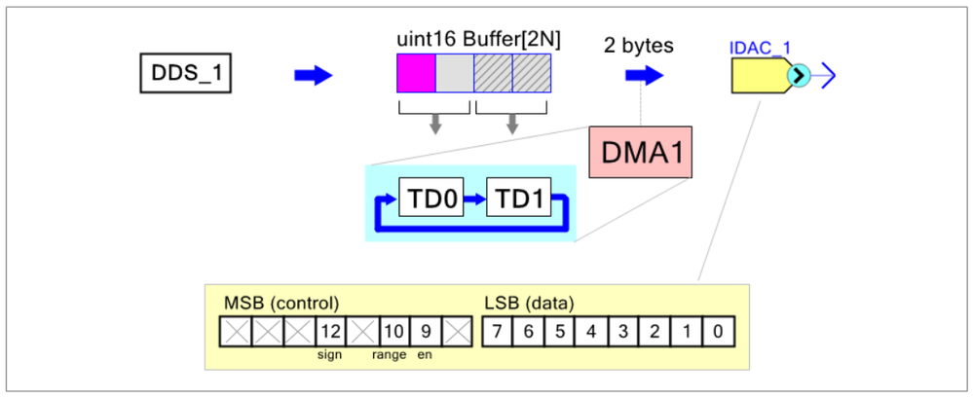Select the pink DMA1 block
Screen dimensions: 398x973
tap(640, 153)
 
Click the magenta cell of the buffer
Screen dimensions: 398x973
tap(416, 73)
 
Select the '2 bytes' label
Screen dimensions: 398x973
tap(640, 45)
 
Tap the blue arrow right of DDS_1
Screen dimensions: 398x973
tap(314, 75)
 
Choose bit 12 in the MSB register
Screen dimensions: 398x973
tap(329, 332)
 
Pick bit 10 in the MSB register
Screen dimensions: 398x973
tap(393, 332)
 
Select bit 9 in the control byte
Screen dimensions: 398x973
tap(425, 332)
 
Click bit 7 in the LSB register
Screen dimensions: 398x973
tap(497, 332)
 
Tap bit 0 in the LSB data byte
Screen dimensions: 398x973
tap(718, 332)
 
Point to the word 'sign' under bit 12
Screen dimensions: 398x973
tap(329, 355)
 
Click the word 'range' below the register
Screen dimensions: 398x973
tap(389, 355)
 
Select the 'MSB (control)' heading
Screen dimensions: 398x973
tap(281, 303)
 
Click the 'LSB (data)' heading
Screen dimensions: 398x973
tap(529, 303)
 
